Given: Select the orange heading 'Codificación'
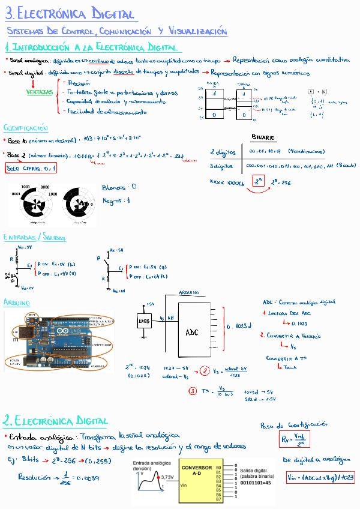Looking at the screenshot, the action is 26,128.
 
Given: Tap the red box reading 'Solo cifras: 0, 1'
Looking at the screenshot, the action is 31,169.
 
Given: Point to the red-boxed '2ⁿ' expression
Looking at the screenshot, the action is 259,181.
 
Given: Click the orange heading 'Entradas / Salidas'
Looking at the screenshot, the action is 34,238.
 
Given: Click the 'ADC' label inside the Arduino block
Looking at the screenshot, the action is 191,332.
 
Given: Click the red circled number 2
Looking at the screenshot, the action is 205,370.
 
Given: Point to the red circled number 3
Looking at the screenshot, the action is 193,391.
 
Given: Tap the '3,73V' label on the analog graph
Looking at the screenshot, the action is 167,476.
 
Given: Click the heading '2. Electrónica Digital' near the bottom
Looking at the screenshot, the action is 56,420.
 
